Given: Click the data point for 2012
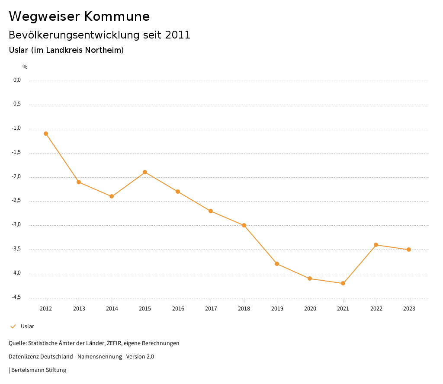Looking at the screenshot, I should [x=46, y=134].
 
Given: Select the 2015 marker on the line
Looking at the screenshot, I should [x=145, y=172].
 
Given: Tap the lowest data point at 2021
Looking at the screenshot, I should [x=343, y=283].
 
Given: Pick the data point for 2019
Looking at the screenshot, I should [x=277, y=264].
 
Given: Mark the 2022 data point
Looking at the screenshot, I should [x=376, y=245].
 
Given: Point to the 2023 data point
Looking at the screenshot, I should [x=409, y=250].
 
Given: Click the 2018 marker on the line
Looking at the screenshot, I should [x=244, y=225].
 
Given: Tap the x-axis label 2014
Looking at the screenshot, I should [x=112, y=309].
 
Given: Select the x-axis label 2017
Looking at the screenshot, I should [x=211, y=309].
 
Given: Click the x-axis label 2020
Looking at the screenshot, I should [x=310, y=309].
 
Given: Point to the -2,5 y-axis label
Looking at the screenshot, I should [x=16, y=201].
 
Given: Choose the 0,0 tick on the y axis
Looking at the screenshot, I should [x=17, y=80].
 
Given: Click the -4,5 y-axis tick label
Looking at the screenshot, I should [x=16, y=298].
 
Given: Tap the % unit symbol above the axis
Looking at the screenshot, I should [x=25, y=67].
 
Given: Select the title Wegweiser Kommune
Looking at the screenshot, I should [x=79, y=16].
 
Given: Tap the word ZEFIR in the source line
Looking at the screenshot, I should [x=113, y=343].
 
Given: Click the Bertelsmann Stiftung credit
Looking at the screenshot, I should [x=39, y=370].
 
